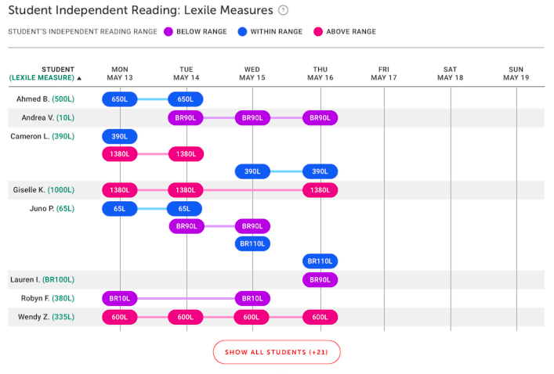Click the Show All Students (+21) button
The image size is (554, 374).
[277, 352]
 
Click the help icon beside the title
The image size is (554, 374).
[284, 11]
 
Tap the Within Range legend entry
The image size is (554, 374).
[270, 32]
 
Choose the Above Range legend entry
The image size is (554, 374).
[344, 32]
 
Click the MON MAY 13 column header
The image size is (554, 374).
[120, 74]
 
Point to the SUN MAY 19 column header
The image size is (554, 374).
[516, 74]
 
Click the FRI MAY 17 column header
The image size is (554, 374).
[384, 74]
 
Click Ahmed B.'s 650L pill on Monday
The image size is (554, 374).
[120, 99]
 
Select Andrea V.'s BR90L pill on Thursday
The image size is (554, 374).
[320, 118]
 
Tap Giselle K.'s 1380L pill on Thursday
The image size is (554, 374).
[320, 190]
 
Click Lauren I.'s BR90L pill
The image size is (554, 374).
[320, 279]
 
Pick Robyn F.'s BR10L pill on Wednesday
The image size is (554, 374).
[252, 298]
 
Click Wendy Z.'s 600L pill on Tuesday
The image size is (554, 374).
[186, 317]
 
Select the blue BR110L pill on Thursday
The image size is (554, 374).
[320, 261]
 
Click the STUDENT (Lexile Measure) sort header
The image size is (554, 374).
[44, 74]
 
